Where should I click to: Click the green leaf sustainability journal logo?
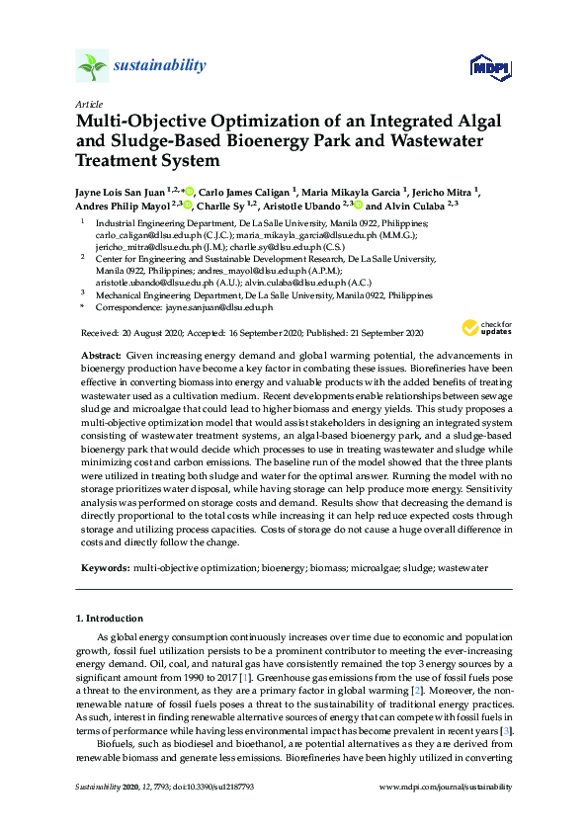tap(93, 66)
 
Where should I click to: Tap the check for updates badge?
tap(483, 327)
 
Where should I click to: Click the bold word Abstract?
tap(101, 354)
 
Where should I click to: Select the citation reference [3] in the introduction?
tap(506, 729)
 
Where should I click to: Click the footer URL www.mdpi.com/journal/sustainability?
tap(446, 787)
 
